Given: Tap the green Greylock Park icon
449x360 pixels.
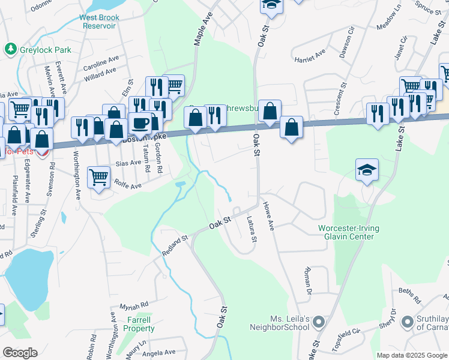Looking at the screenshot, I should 10,49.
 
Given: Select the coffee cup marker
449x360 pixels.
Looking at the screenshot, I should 140,124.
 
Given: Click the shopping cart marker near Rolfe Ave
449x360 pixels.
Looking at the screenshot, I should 98,177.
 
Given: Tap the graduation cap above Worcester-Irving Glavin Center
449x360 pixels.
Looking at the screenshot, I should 367,170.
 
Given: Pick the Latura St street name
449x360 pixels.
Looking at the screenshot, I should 252,230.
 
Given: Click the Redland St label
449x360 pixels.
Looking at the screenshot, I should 175,246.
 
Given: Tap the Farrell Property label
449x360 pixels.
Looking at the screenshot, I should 139,324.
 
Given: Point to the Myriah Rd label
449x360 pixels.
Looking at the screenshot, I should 133,305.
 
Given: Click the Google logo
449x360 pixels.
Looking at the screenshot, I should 20,353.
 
